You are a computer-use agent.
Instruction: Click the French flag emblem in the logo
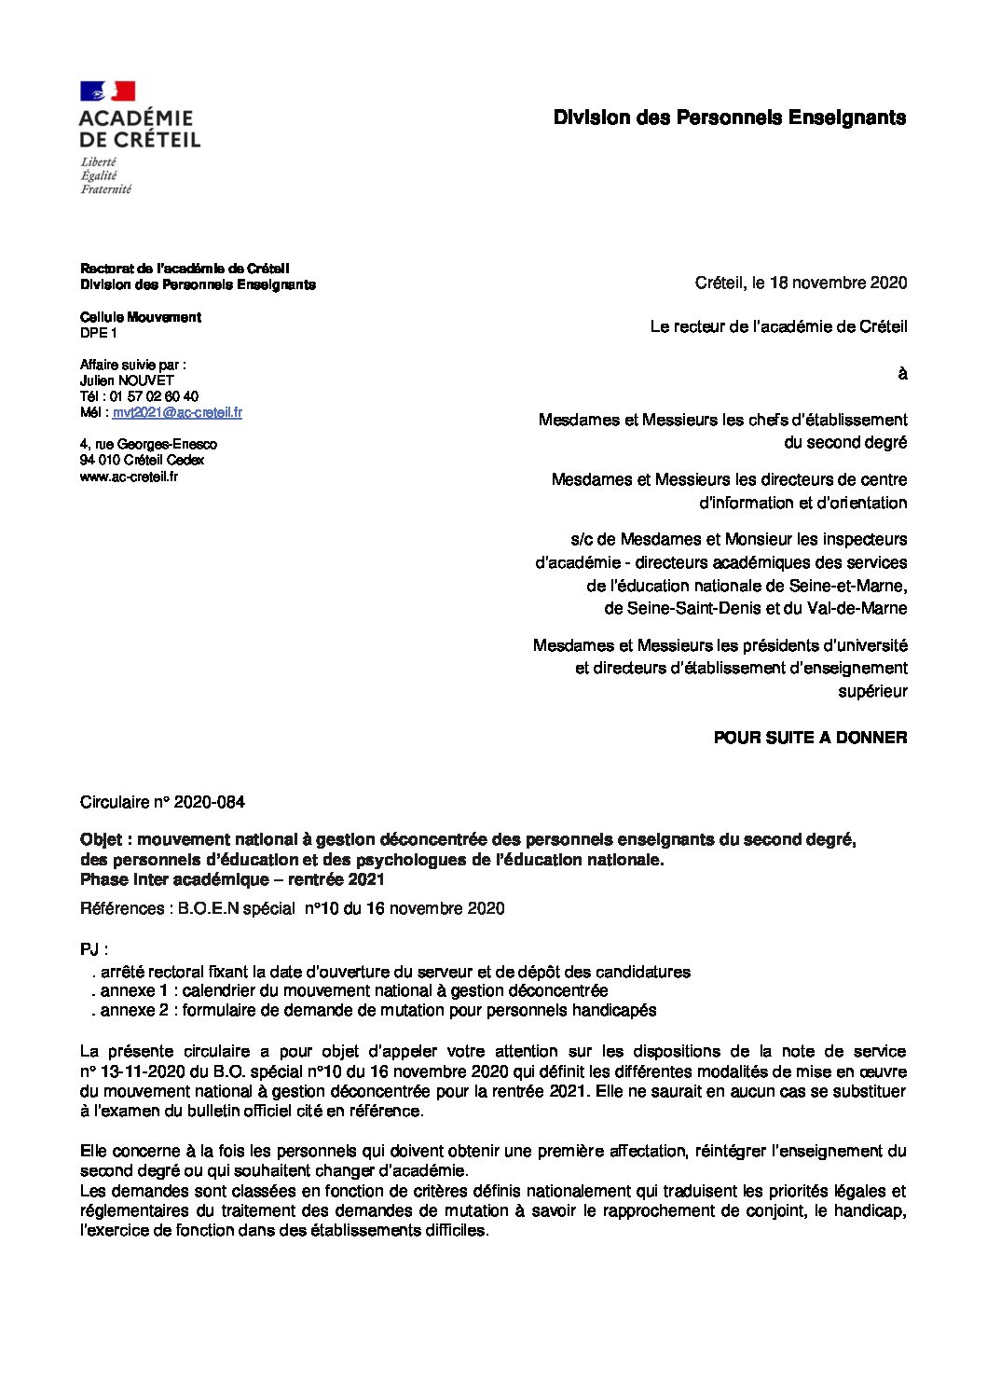click(108, 90)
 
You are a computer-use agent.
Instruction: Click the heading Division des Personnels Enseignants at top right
click(729, 117)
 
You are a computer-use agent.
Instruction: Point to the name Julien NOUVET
click(127, 380)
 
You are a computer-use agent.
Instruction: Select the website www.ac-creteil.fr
click(129, 477)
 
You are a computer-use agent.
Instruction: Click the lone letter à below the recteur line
click(901, 374)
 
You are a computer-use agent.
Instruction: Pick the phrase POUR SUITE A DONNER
click(810, 738)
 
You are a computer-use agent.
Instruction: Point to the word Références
click(121, 908)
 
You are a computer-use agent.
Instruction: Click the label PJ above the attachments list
click(89, 950)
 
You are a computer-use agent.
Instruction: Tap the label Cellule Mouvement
click(141, 317)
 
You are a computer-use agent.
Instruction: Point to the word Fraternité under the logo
click(105, 188)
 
